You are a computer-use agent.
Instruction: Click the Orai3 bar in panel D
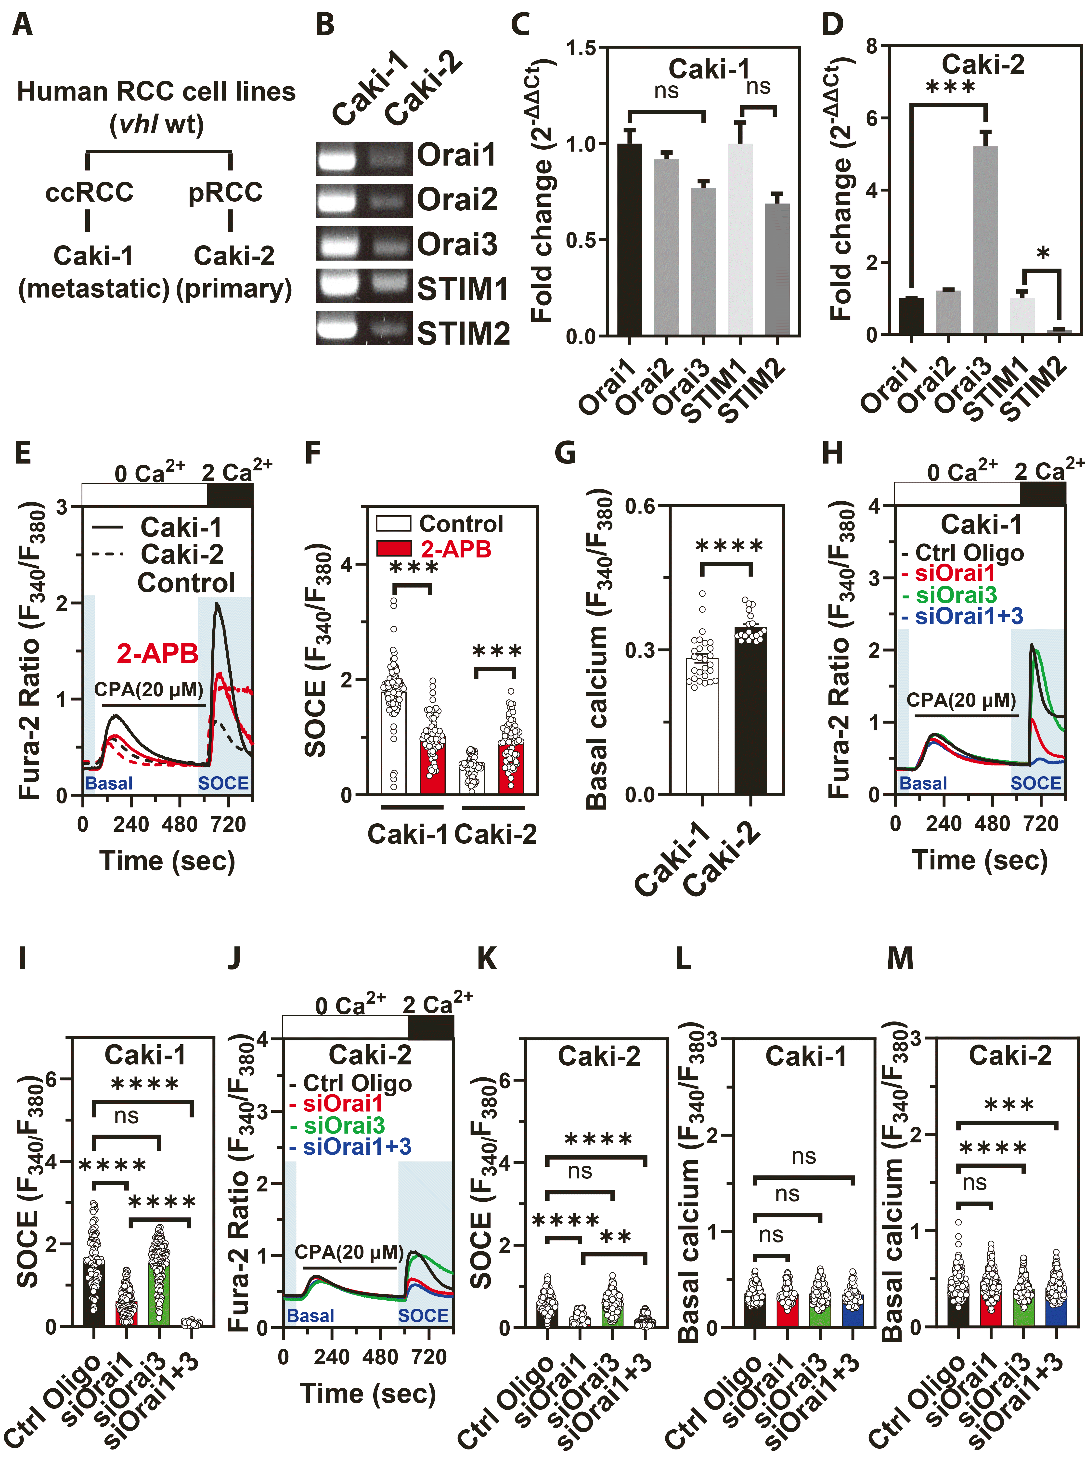pos(985,240)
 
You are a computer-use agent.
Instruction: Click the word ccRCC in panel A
pos(90,193)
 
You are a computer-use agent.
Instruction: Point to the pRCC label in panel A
pos(225,193)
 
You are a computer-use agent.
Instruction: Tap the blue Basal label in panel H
pos(923,784)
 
